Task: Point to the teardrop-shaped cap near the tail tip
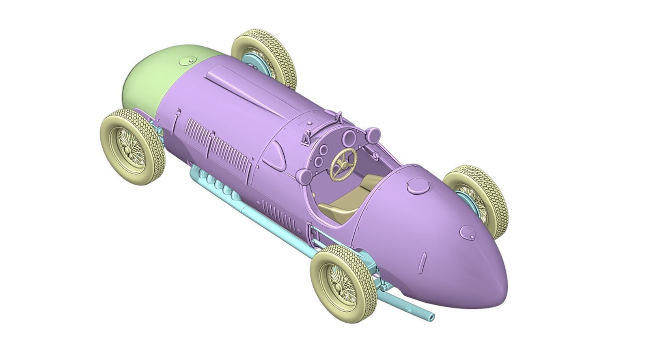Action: click(x=467, y=232)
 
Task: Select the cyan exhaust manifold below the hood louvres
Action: click(x=219, y=185)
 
